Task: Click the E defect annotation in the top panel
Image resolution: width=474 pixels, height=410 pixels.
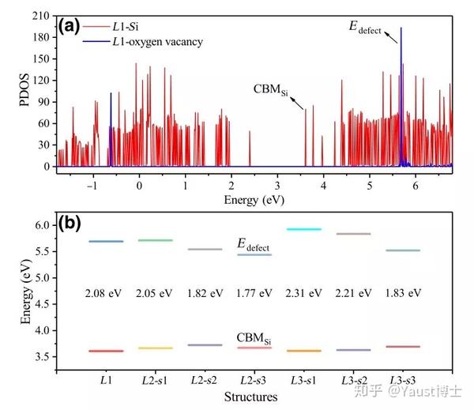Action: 365,29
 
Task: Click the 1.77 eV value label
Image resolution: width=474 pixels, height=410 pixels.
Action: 254,293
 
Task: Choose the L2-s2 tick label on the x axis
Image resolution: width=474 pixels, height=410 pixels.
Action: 205,381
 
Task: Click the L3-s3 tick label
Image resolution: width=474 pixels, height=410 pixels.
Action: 403,381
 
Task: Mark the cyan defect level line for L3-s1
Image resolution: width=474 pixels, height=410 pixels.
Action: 304,229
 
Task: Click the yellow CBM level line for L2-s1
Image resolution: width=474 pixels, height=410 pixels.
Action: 155,348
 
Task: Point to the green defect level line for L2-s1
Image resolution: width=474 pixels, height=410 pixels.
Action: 155,240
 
